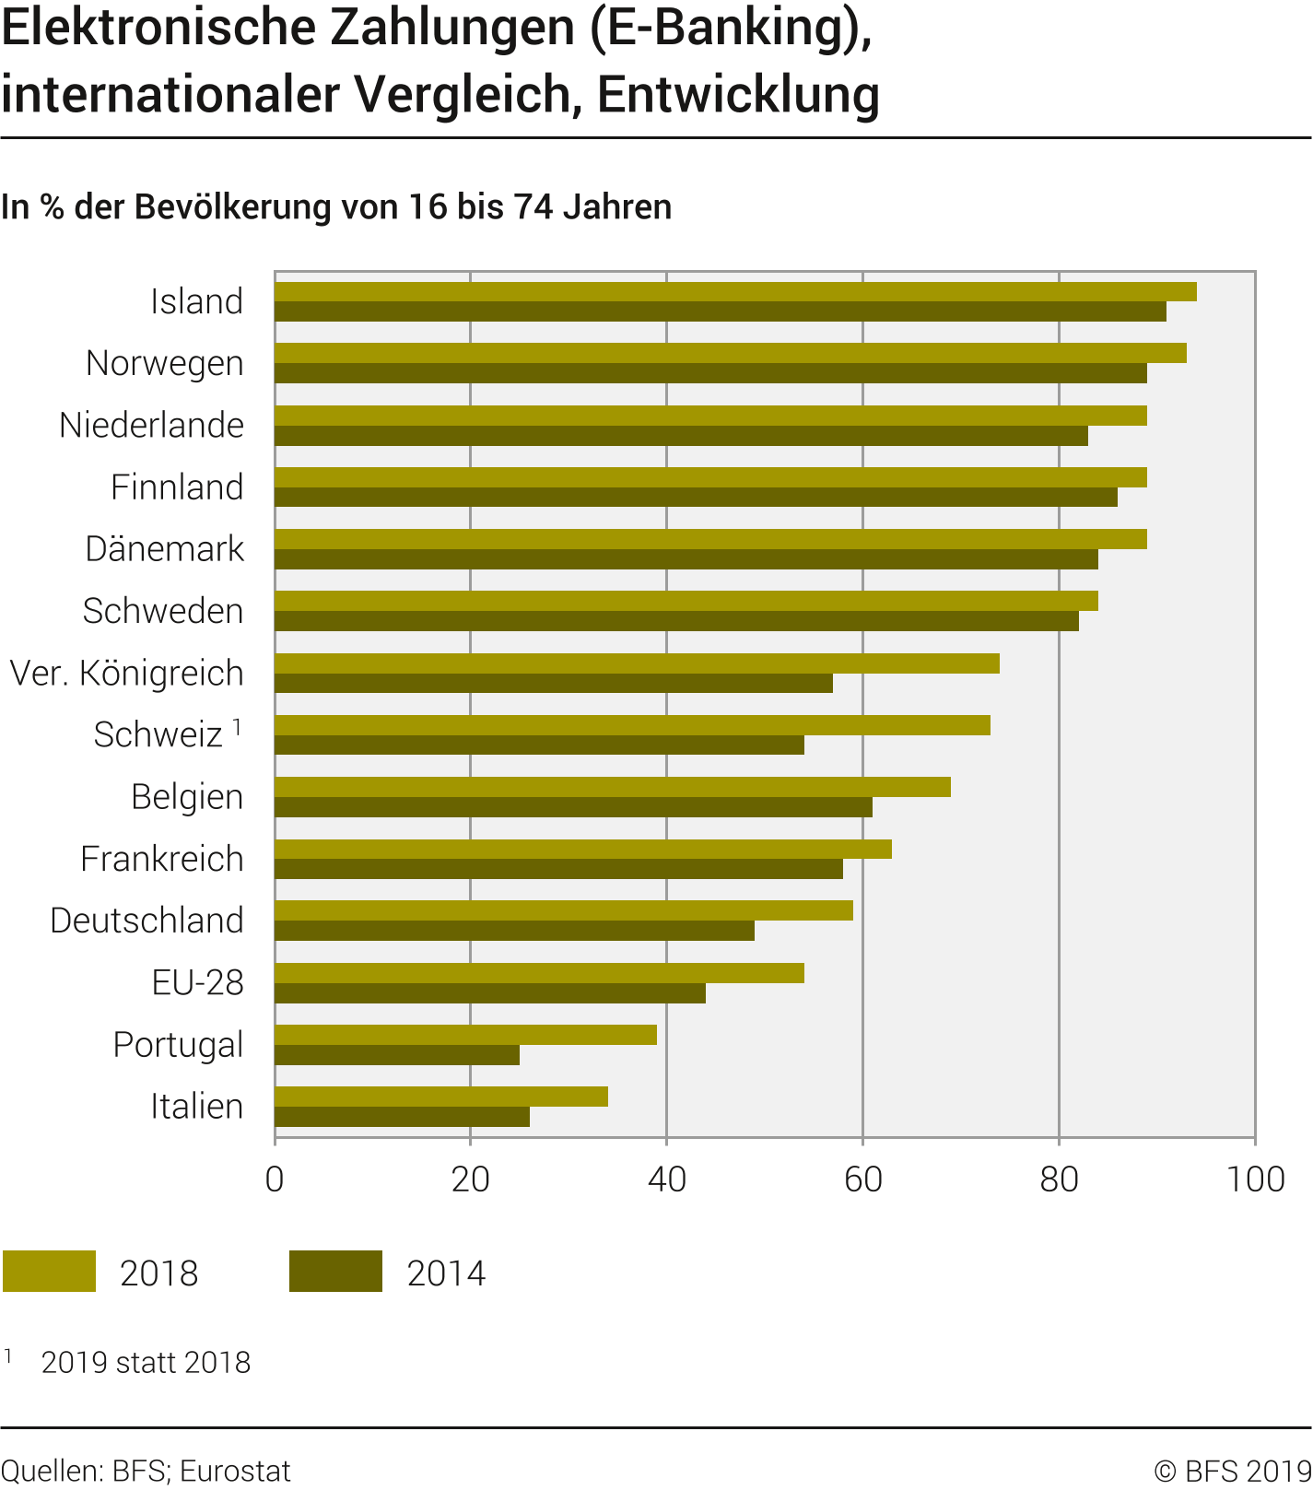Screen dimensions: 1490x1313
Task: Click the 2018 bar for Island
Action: coord(735,292)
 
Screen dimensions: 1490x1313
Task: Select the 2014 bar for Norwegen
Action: coord(710,373)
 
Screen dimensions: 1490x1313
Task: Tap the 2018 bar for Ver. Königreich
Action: coord(637,663)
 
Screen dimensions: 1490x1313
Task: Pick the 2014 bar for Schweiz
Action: coord(539,745)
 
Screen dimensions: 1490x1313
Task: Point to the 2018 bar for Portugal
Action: coord(465,1035)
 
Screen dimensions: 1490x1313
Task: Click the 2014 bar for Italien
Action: coord(402,1117)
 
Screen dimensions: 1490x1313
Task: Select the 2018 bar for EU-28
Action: coord(539,973)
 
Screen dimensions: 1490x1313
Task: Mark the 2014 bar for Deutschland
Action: coord(514,931)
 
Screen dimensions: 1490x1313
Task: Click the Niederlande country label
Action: coord(152,426)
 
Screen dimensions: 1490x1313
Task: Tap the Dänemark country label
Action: coord(165,549)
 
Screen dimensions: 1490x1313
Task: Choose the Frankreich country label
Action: coord(162,859)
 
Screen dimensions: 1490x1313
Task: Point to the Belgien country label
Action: coord(187,797)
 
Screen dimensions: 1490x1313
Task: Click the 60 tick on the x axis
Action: coord(863,1179)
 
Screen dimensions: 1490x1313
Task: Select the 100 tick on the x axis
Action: coord(1255,1179)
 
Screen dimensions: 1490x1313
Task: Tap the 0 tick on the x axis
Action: coord(275,1179)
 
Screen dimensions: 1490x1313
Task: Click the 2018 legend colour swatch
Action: coord(50,1272)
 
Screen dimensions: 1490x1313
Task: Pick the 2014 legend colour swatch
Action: coord(335,1272)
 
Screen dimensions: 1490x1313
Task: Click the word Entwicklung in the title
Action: coord(738,95)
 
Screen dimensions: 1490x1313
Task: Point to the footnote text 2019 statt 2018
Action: coord(146,1363)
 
